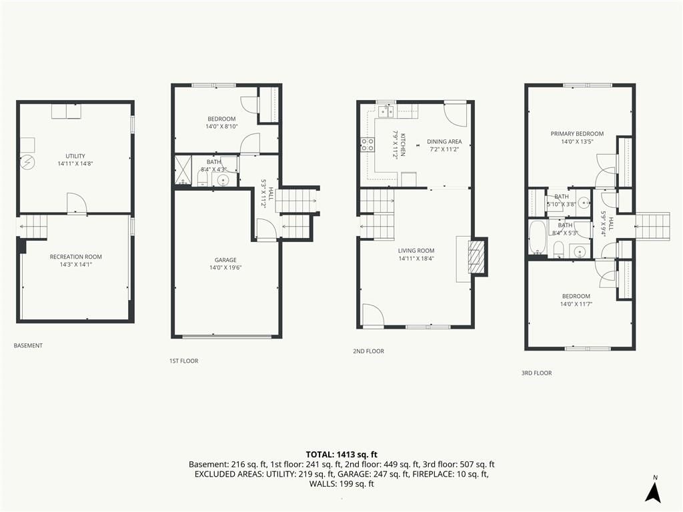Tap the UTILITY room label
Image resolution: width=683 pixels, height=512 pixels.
[75, 156]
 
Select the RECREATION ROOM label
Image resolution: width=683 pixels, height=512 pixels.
[76, 257]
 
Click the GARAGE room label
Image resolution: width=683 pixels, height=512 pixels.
[225, 260]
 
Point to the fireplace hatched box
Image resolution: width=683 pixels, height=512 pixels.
[476, 257]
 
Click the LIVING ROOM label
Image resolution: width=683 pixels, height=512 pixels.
[416, 251]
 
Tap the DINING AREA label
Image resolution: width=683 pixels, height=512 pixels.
[444, 141]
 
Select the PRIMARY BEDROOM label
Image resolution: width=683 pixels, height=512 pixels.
[577, 133]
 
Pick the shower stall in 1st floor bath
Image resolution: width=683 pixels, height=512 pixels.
[183, 170]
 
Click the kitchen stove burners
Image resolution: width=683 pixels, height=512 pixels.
[368, 144]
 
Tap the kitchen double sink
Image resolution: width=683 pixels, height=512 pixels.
[386, 111]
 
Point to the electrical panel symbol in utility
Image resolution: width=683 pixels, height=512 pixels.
[28, 162]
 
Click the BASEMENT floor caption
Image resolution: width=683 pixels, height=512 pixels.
[28, 346]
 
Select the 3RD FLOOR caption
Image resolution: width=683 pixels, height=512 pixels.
[537, 373]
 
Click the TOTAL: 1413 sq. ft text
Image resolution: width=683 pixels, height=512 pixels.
[341, 455]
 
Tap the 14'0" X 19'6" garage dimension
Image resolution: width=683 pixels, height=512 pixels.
[225, 268]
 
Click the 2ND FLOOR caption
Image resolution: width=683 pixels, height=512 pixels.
[368, 351]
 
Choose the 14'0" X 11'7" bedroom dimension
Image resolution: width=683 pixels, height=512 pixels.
[576, 304]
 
